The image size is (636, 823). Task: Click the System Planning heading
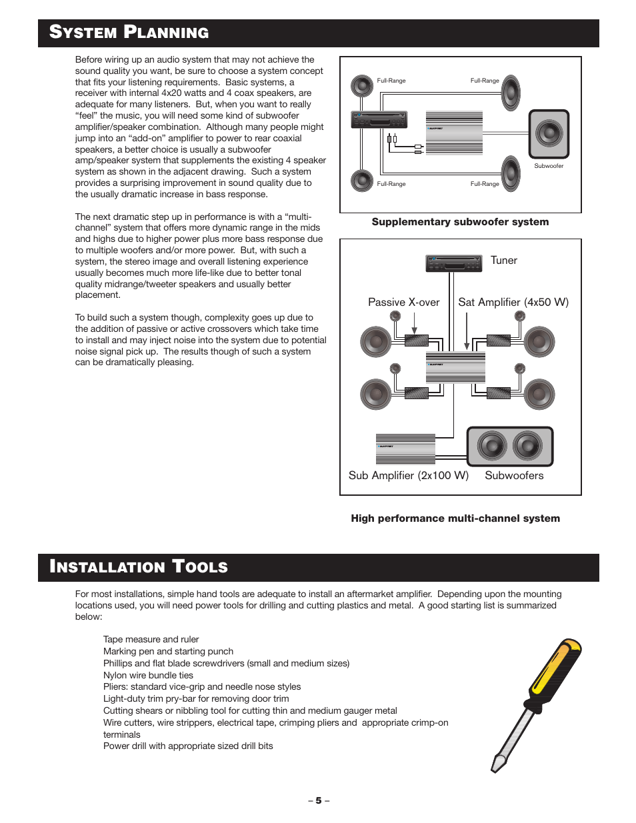click(x=129, y=33)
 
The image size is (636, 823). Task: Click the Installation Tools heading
click(x=139, y=567)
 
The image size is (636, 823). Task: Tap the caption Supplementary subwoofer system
click(x=460, y=222)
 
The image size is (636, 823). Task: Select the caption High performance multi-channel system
click(x=455, y=518)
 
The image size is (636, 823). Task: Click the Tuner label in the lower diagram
click(x=503, y=261)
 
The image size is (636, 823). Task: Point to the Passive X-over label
click(x=403, y=303)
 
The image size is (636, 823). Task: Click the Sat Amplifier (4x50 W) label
click(x=513, y=303)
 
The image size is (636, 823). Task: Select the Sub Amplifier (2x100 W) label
click(x=408, y=476)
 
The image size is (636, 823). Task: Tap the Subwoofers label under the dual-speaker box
click(x=514, y=476)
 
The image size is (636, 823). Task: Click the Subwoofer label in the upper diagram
click(x=549, y=166)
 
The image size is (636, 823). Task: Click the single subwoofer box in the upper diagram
click(x=549, y=134)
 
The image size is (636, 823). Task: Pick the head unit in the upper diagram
click(x=379, y=120)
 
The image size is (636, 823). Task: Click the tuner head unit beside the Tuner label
click(x=453, y=263)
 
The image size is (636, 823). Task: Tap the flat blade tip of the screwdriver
click(x=497, y=763)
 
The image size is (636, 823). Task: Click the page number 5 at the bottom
click(x=319, y=800)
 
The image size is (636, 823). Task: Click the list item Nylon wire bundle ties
click(x=148, y=675)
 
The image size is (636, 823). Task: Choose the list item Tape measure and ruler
click(x=151, y=640)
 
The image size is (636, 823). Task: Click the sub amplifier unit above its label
click(x=405, y=448)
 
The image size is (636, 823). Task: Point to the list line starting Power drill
click(x=188, y=746)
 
